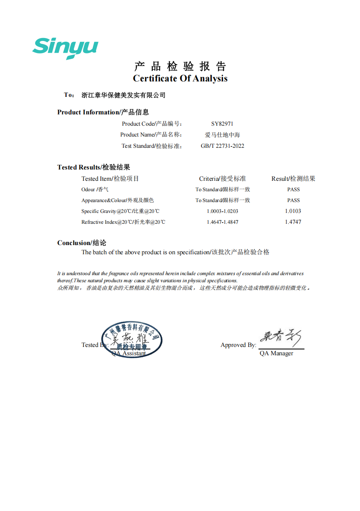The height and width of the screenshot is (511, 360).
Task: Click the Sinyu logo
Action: point(65,48)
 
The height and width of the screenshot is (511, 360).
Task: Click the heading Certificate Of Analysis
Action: point(180,78)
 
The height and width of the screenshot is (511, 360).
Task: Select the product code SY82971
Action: point(222,124)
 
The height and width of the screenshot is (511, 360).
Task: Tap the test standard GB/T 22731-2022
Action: point(222,146)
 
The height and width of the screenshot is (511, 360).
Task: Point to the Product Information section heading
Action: point(103,112)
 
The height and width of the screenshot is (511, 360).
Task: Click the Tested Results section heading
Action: point(94,167)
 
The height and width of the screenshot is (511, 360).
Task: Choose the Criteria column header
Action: point(222,179)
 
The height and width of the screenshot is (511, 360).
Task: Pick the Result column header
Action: point(293,179)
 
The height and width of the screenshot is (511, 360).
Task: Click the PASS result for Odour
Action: point(293,190)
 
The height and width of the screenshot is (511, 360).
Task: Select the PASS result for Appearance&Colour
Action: point(293,200)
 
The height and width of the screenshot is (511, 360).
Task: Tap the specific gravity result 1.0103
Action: point(293,211)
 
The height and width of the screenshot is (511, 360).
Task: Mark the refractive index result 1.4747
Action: point(293,222)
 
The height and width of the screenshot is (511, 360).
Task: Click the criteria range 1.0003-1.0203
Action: point(222,211)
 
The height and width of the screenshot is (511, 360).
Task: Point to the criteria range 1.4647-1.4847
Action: point(222,222)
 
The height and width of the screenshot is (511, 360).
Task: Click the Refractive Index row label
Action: point(123,222)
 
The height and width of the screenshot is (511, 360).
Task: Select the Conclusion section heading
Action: point(81,243)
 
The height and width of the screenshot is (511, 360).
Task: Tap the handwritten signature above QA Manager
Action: point(281,338)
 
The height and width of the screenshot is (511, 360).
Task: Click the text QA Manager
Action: point(276,353)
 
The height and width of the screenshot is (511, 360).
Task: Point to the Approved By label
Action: point(238,345)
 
